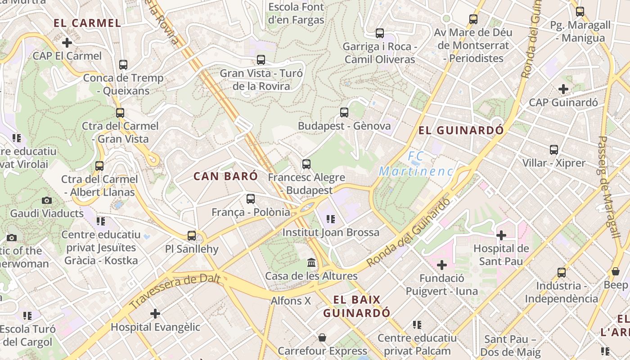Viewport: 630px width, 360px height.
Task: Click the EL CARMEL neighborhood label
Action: [x=87, y=23]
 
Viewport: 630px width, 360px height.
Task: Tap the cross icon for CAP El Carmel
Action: [x=67, y=43]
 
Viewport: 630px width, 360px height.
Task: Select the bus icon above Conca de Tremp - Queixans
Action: [x=123, y=64]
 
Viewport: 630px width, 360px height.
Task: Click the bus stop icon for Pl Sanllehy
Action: [x=192, y=235]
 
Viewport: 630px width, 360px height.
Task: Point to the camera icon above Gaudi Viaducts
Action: [x=46, y=200]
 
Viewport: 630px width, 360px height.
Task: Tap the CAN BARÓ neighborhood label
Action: [x=226, y=176]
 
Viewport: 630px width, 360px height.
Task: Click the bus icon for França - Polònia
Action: [x=251, y=198]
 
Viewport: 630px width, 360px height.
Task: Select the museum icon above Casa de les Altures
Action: [x=311, y=262]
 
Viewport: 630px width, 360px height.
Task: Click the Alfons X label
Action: [x=291, y=301]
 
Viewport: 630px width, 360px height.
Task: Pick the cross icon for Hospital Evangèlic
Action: [x=155, y=313]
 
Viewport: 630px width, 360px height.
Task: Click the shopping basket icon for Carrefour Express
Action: [x=322, y=337]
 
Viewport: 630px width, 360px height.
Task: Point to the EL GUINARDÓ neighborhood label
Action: [x=461, y=130]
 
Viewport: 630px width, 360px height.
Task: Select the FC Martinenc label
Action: [x=416, y=164]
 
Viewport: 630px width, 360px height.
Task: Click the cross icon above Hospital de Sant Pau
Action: [x=501, y=235]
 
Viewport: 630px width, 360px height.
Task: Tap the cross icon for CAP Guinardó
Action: [x=563, y=89]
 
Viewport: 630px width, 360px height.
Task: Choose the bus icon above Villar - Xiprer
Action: [x=554, y=149]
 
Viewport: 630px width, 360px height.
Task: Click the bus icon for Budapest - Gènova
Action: [x=344, y=112]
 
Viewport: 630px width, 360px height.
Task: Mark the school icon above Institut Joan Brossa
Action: [x=331, y=219]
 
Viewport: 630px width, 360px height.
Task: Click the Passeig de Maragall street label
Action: [x=608, y=187]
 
